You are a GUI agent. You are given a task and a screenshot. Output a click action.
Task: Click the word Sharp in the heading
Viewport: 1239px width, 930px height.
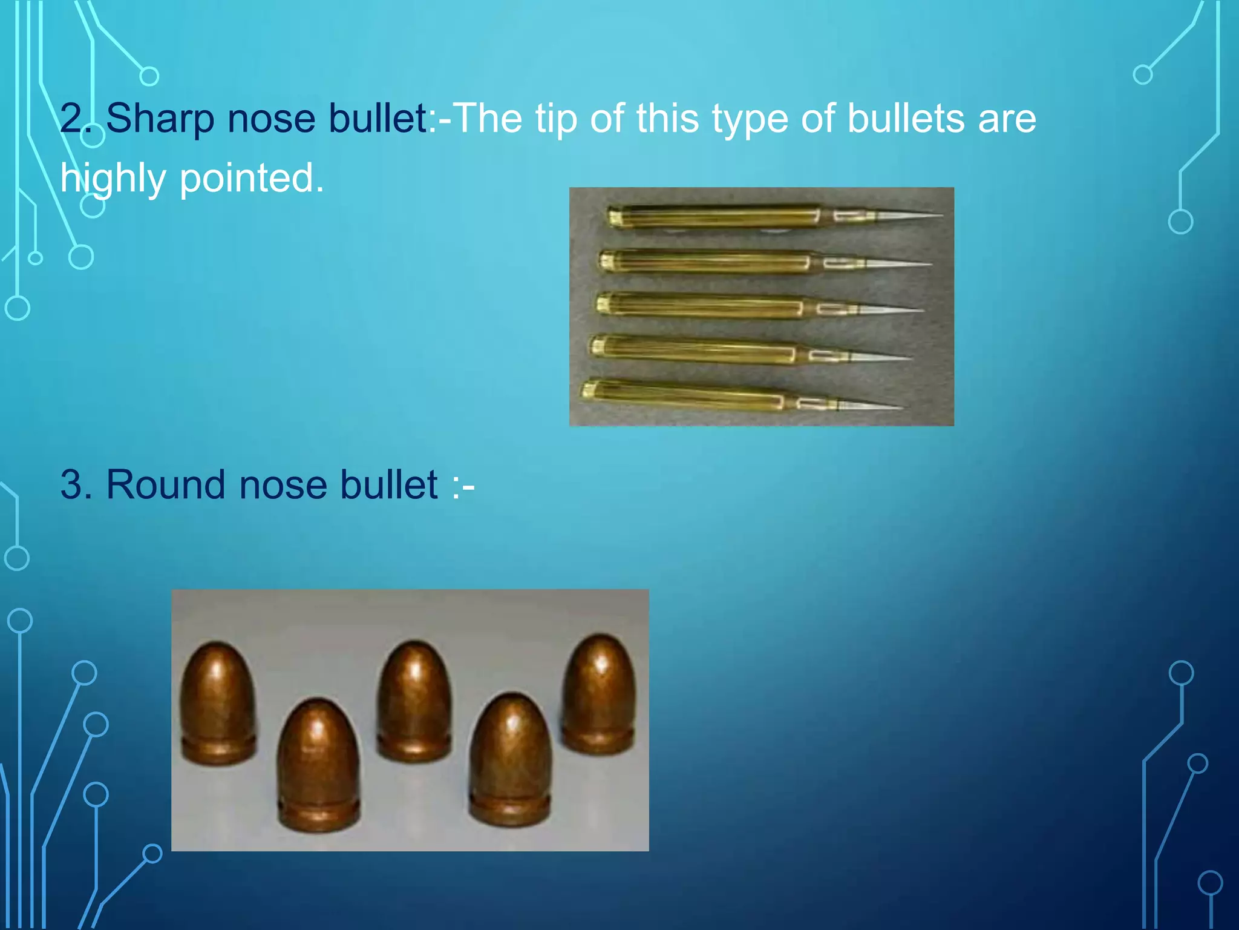160,119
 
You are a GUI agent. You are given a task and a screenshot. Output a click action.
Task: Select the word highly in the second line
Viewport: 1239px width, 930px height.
113,179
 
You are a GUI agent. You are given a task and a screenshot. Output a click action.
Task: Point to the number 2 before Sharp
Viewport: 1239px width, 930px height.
73,119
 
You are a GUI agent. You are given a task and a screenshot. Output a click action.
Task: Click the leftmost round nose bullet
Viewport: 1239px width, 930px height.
218,702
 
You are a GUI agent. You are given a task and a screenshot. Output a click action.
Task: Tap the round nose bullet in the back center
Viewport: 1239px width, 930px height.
414,699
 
